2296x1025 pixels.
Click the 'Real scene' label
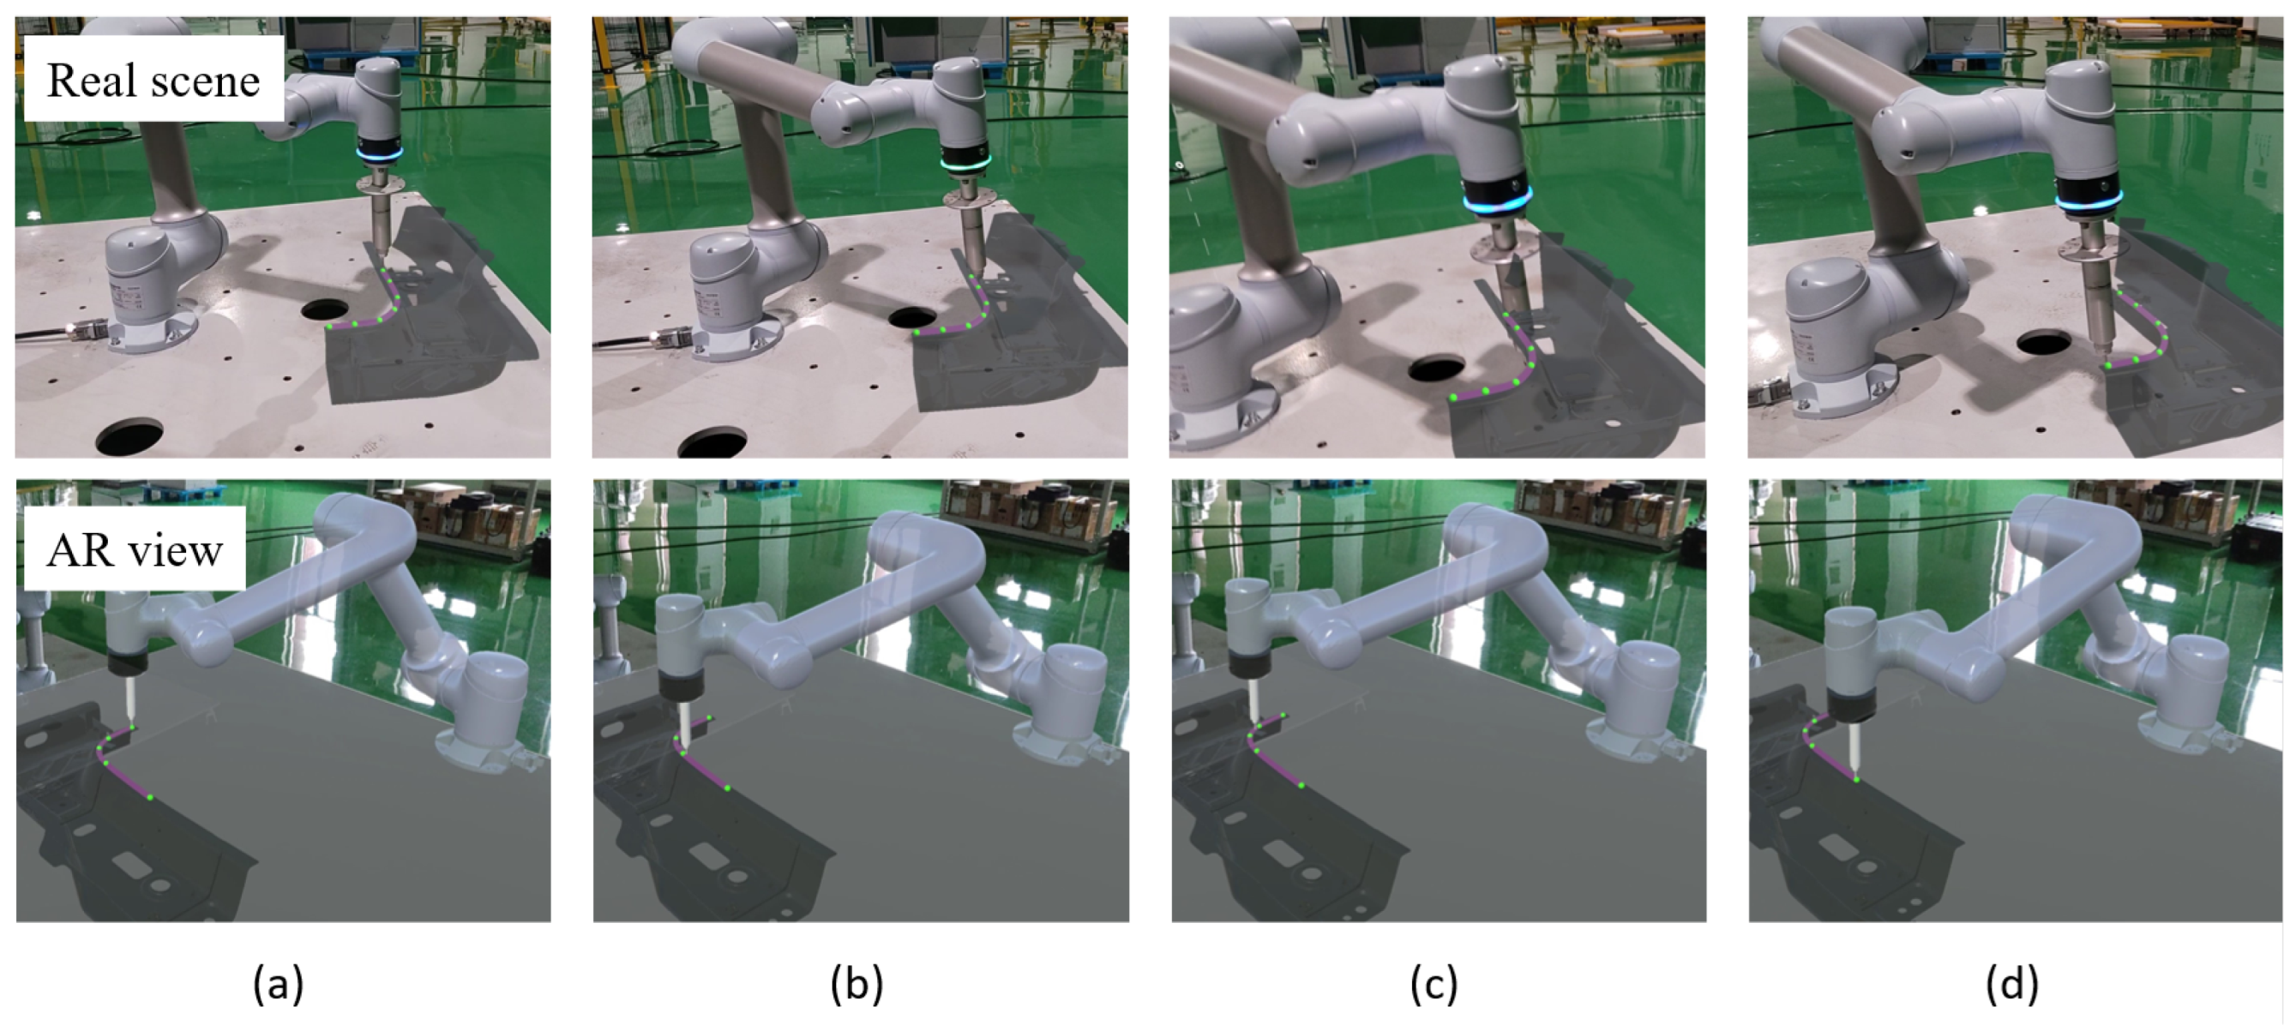(x=153, y=81)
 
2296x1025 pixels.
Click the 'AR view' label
(x=135, y=550)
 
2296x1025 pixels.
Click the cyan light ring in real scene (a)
(x=379, y=153)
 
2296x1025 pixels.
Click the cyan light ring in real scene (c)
(x=1498, y=204)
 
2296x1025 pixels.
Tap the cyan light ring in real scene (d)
(x=2089, y=201)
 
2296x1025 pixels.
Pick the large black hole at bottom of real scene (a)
(x=129, y=435)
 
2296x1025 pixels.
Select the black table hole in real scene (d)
(x=2043, y=341)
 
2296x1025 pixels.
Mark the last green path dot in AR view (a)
(x=150, y=797)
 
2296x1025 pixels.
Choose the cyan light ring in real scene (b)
(x=966, y=163)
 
